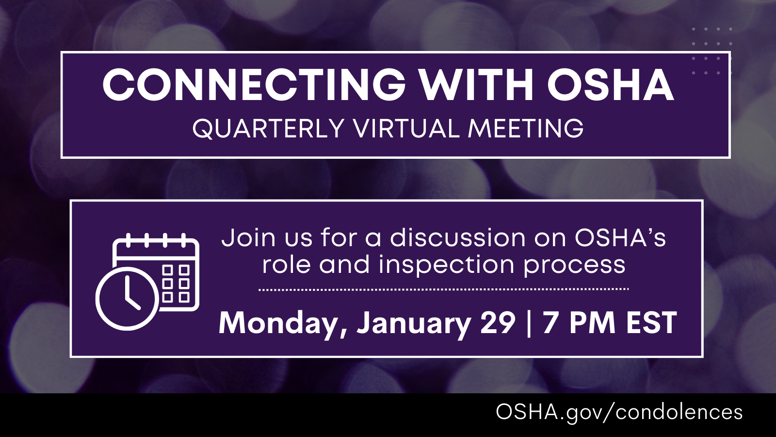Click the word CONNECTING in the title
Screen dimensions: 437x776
(x=254, y=84)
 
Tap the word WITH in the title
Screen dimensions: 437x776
(x=476, y=84)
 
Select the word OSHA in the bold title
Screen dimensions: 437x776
(x=611, y=84)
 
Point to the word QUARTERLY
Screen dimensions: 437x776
(x=269, y=129)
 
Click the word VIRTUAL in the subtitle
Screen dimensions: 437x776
(x=406, y=129)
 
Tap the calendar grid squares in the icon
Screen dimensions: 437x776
(x=176, y=283)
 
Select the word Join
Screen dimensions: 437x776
(x=248, y=238)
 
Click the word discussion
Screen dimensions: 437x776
(x=458, y=238)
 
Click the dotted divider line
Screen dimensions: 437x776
(x=443, y=289)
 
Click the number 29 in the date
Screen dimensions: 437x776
(x=498, y=322)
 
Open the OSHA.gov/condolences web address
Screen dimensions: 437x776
(x=619, y=412)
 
